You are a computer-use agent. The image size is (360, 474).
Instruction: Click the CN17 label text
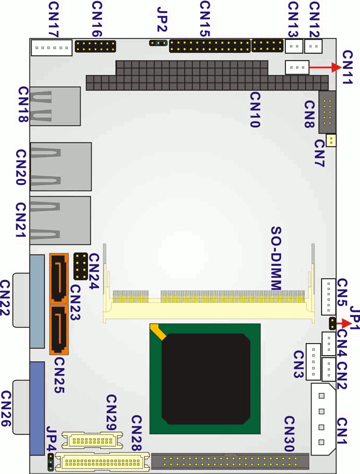(54, 20)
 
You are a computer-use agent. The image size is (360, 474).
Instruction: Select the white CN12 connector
(313, 46)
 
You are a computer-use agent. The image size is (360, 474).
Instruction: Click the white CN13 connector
(294, 46)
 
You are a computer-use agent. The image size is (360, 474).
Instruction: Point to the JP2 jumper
(158, 43)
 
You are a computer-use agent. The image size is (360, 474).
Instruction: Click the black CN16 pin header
(95, 46)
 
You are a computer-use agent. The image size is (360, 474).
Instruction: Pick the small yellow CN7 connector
(331, 140)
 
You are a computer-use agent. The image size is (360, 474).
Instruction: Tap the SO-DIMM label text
(276, 258)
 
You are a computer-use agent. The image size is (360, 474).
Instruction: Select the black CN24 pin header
(81, 266)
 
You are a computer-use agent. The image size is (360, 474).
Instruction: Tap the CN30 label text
(289, 434)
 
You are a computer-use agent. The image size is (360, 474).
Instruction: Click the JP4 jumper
(51, 461)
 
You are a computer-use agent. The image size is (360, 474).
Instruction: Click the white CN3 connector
(313, 362)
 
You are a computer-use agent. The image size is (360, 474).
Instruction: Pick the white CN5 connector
(328, 297)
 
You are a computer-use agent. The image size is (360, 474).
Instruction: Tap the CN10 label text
(255, 110)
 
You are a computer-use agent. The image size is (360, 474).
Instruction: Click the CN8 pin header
(327, 112)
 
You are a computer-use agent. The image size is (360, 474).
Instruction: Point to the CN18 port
(55, 106)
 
